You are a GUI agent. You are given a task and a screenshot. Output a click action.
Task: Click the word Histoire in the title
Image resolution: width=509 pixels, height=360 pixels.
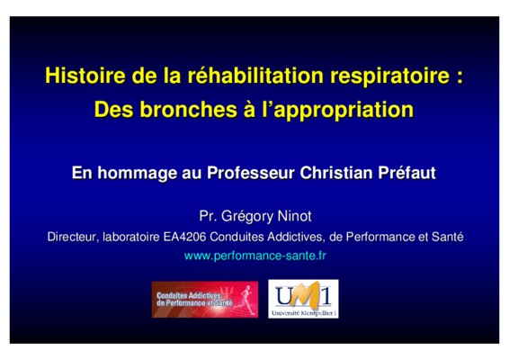coord(85,75)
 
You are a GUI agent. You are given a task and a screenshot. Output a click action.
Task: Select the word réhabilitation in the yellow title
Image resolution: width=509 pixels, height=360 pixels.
coord(255,75)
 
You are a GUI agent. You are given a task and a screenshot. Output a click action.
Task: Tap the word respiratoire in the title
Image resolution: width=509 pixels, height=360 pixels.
coord(390,76)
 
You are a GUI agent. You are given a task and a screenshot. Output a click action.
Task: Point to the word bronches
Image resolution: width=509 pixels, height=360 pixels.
coord(189,109)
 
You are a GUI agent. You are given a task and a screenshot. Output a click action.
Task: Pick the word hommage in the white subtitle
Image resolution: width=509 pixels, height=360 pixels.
coord(137,173)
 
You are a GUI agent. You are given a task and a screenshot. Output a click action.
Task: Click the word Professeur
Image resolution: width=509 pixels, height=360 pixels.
coord(251,173)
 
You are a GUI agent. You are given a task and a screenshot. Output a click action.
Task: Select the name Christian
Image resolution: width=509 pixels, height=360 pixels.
coord(336,173)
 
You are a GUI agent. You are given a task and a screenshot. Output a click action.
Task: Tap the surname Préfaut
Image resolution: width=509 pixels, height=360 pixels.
coord(406,173)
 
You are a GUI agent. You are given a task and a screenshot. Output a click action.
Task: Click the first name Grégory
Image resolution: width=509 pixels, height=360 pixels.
coord(247,217)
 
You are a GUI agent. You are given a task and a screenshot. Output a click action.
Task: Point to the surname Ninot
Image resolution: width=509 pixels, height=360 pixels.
coord(294,216)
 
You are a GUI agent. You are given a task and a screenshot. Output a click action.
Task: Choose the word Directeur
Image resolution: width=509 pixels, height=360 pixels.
coord(73,237)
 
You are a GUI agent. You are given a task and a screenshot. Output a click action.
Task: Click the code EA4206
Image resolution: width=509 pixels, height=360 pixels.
coord(184,237)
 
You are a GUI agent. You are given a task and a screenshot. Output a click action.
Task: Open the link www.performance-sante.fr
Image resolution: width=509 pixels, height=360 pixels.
coord(255,256)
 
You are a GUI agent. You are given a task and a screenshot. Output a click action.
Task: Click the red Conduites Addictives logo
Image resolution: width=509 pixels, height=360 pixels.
coord(205,299)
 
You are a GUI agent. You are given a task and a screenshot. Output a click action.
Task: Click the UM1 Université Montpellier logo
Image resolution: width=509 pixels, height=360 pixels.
coord(303,299)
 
